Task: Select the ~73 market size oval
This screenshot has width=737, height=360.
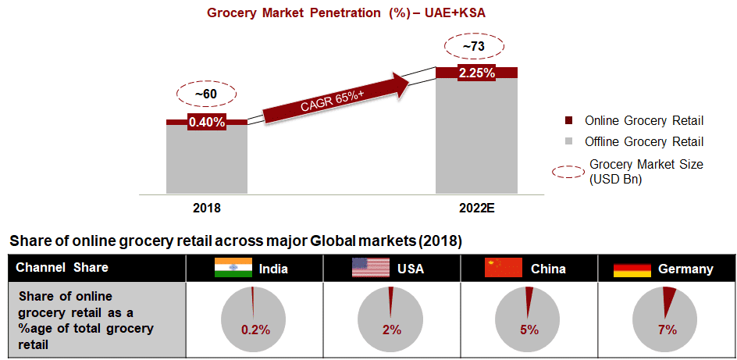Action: tap(474, 47)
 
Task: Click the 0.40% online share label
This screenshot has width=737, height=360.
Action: tap(206, 122)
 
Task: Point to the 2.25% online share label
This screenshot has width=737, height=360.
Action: tap(476, 73)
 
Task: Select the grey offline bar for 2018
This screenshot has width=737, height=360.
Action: tap(206, 159)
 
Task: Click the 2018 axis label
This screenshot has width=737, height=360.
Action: tap(206, 209)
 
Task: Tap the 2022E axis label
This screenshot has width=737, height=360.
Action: tap(476, 209)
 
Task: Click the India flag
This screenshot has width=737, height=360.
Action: tap(233, 267)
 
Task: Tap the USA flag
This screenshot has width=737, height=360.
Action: tap(370, 267)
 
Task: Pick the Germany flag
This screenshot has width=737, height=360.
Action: tap(632, 269)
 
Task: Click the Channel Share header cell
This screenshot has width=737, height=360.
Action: tap(62, 268)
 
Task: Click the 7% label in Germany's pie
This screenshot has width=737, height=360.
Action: tap(667, 330)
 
